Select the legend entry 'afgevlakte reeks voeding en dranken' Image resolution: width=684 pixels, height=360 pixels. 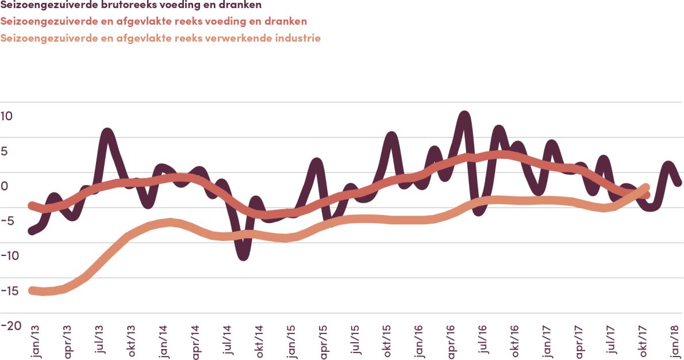(x=153, y=22)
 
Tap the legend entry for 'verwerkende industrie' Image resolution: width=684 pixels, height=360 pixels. (x=161, y=39)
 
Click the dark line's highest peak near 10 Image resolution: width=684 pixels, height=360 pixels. (x=464, y=114)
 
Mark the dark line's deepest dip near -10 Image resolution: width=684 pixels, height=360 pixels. (x=244, y=256)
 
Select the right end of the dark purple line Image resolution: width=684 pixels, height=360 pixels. (x=678, y=183)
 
